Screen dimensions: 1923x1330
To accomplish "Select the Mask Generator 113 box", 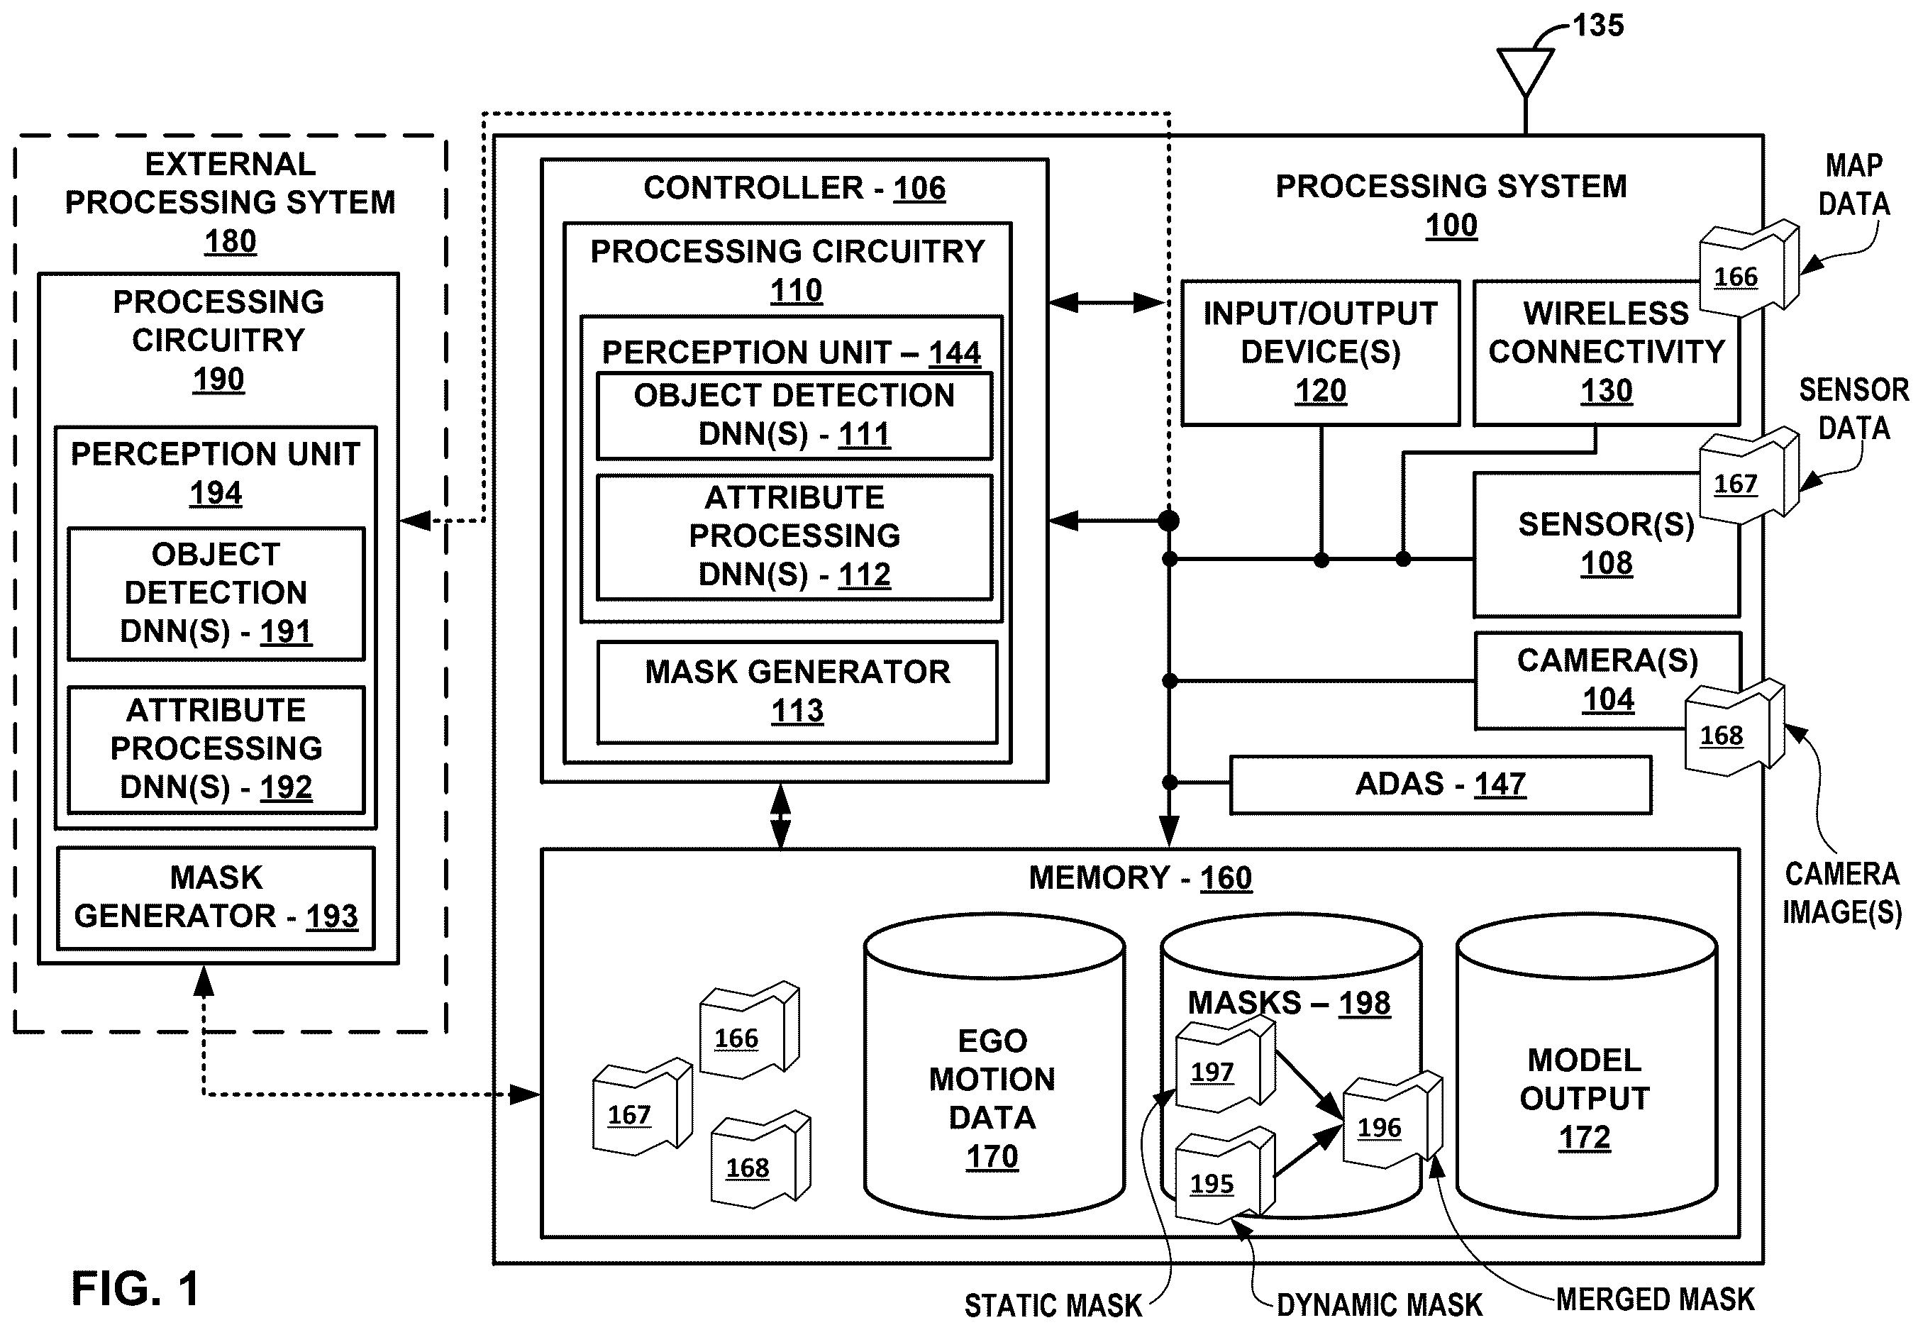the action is pos(797,692).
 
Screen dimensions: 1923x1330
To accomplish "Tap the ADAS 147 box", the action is pos(1441,784).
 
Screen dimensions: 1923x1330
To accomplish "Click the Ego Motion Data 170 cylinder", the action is pos(994,1067).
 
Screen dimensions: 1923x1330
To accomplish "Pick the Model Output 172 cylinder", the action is pos(1585,1067).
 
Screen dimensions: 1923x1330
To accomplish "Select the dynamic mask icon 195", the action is pos(1224,1175).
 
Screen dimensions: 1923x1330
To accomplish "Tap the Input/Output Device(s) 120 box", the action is pos(1321,353).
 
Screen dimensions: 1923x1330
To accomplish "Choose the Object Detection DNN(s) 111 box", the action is pos(794,416).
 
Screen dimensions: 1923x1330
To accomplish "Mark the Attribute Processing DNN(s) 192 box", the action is pos(216,749).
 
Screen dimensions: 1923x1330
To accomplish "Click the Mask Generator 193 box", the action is pos(216,898).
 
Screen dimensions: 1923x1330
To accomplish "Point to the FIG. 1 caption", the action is pos(135,1288).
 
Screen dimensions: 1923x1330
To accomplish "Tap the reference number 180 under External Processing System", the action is pos(230,242).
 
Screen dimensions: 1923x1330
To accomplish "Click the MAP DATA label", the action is pos(1854,184).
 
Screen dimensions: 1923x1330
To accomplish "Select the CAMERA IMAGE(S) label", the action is pos(1842,893).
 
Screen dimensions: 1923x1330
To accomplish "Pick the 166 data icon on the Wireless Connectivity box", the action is pos(1748,268).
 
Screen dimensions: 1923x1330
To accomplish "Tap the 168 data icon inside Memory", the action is pos(760,1159).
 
